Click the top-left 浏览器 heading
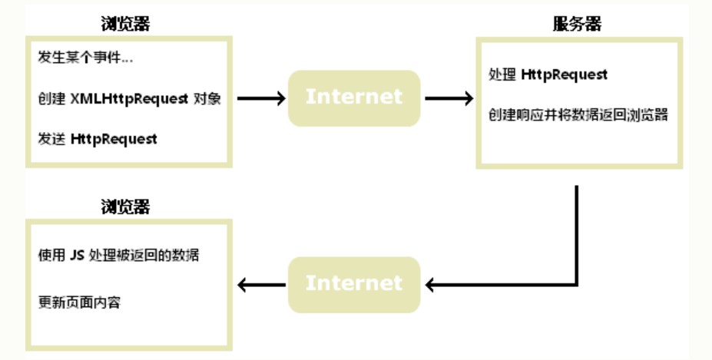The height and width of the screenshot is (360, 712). click(124, 23)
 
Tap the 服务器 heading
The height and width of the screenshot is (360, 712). click(577, 24)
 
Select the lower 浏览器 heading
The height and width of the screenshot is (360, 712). click(124, 206)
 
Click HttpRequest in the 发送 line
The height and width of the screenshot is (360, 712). click(114, 139)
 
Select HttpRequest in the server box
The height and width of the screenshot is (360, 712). click(565, 74)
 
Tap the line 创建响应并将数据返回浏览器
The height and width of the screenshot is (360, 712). click(578, 115)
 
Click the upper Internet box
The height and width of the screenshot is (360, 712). click(354, 97)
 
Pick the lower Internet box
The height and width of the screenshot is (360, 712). click(354, 283)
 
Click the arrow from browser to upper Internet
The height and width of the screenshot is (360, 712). click(261, 98)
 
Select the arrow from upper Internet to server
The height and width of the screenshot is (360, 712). click(449, 98)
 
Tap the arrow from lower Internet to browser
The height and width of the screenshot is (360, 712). click(261, 285)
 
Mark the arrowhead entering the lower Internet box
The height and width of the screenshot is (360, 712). click(431, 285)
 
